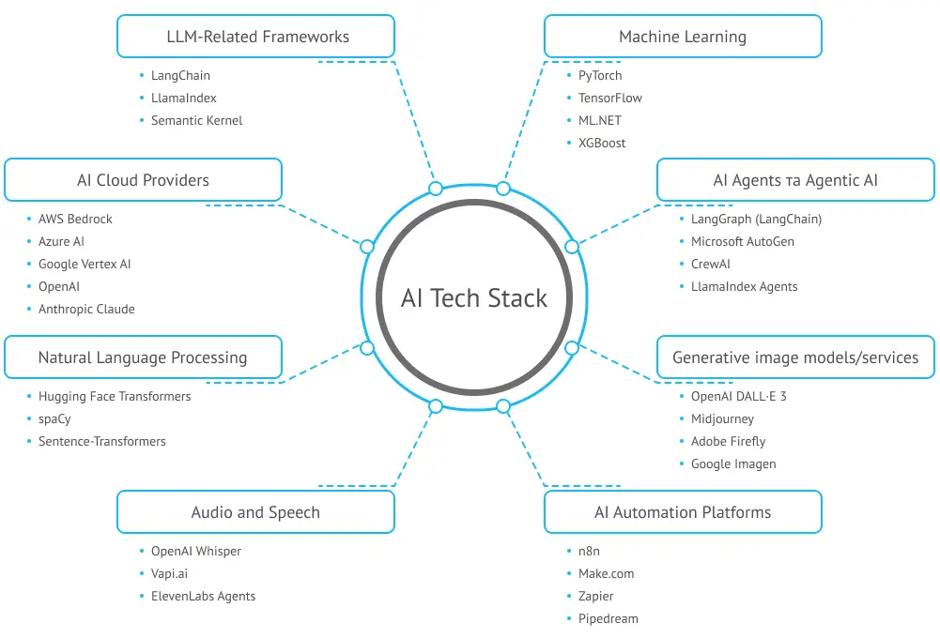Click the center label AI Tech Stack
click(x=474, y=298)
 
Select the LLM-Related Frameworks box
click(x=255, y=38)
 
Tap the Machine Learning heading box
click(x=683, y=38)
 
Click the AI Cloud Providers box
click(x=143, y=180)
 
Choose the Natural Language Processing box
click(x=143, y=357)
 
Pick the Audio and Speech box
click(x=255, y=512)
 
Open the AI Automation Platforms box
click(x=683, y=512)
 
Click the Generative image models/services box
click(x=795, y=357)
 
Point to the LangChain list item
click(x=180, y=75)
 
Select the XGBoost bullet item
click(x=602, y=143)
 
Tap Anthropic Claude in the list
click(x=86, y=309)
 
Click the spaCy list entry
click(x=54, y=418)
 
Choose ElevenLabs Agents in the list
click(x=203, y=596)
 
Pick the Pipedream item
click(x=608, y=618)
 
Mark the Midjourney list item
click(x=722, y=418)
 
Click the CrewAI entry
click(x=710, y=264)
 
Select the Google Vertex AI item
click(x=85, y=264)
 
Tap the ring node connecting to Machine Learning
click(x=503, y=189)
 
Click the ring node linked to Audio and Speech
click(x=436, y=406)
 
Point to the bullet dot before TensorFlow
click(x=569, y=99)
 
